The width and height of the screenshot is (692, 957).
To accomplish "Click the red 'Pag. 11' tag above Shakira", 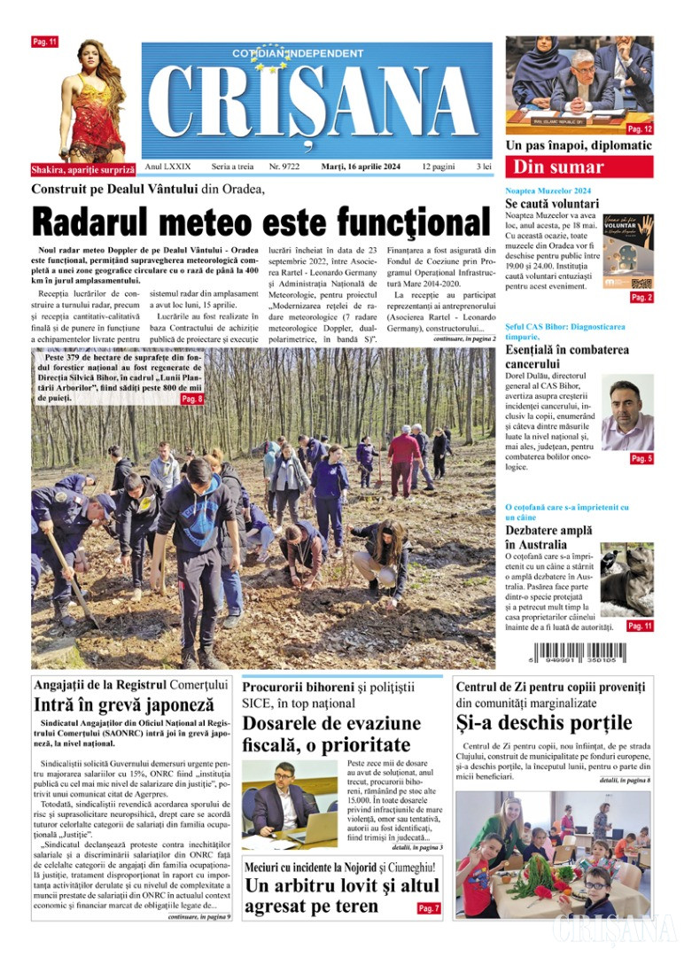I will click(x=44, y=42).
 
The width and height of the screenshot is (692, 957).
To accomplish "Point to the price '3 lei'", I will click(x=484, y=167).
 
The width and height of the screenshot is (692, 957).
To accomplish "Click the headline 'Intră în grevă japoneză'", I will click(x=123, y=705).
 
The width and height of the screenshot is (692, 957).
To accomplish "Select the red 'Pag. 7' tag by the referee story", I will click(x=428, y=908).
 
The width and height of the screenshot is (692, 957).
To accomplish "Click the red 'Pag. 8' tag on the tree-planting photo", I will click(x=192, y=400).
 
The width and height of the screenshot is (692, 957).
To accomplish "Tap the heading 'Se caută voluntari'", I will click(x=552, y=203).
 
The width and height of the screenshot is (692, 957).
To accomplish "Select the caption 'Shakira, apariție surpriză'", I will click(x=83, y=168).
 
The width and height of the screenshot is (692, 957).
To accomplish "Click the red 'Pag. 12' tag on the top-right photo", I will click(x=640, y=129).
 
